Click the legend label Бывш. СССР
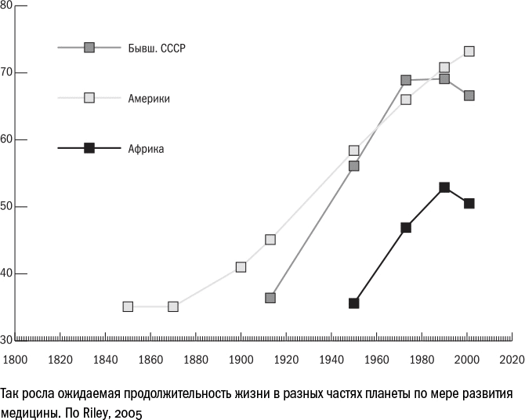156,49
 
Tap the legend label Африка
146,148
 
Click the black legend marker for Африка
89,147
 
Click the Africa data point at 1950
354,302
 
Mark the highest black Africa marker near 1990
444,187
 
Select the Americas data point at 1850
128,306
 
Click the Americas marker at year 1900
241,266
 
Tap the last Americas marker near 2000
469,52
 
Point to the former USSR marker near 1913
270,298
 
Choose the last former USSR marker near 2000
469,96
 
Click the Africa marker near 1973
406,227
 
